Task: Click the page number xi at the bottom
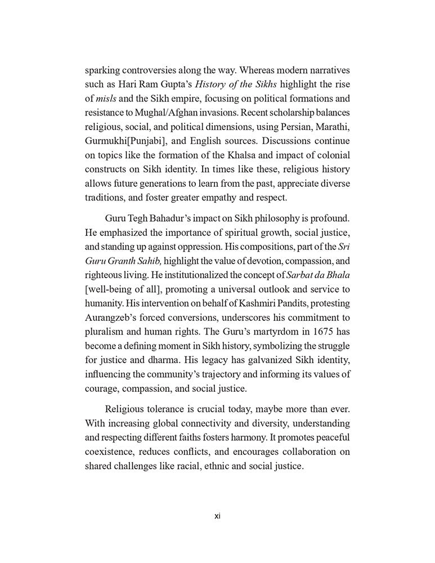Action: (x=217, y=516)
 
